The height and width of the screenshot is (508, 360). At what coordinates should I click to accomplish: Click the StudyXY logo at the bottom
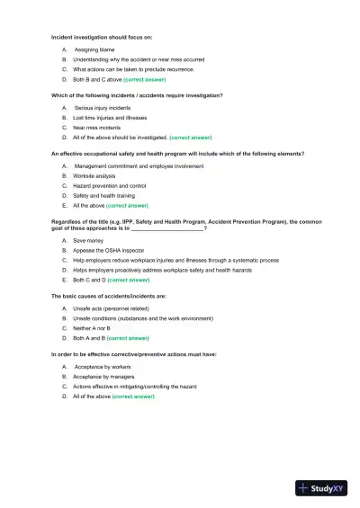point(327,489)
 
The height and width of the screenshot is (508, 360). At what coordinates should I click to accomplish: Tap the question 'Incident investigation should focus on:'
point(102,37)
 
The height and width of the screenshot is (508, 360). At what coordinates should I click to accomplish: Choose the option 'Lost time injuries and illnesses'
point(110,118)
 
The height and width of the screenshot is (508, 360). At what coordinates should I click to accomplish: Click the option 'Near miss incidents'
point(97,128)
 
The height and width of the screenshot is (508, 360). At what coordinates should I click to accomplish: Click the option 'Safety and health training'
point(103,195)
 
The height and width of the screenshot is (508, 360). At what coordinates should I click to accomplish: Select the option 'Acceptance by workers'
point(102,367)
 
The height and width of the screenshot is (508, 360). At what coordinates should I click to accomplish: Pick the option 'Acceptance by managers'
point(104,376)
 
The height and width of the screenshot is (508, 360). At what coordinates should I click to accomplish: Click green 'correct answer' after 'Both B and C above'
point(144,79)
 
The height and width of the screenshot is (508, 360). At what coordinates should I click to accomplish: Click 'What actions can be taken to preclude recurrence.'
point(133,68)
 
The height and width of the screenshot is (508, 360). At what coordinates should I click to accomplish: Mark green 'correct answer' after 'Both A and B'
point(128,338)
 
